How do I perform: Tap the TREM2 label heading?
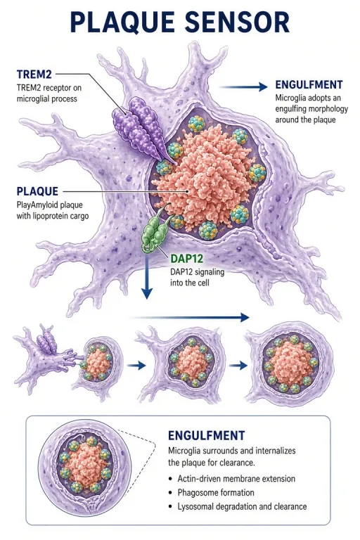34,74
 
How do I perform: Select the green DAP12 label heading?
187,258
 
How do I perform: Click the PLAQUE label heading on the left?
37,191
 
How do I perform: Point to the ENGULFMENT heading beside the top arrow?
309,84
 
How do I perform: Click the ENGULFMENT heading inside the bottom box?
206,435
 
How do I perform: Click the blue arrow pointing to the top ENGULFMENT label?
244,86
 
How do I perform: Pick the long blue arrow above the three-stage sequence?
189,317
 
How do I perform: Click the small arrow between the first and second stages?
136,366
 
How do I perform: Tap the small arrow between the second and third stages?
238,366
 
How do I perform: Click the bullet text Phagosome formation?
216,492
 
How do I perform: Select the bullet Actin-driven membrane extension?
236,479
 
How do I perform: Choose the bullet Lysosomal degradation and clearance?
242,506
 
